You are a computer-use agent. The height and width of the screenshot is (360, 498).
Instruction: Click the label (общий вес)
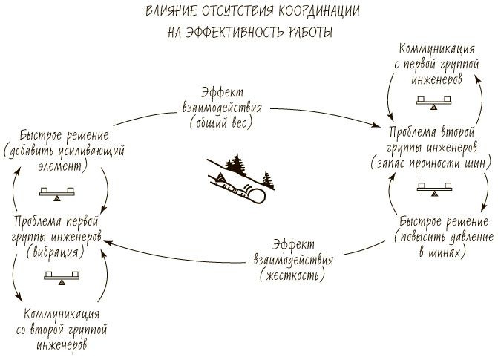[x=219, y=121]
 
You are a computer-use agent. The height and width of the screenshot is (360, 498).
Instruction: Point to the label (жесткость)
[x=292, y=274]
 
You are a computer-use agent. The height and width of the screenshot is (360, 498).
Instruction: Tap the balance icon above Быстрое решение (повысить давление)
[x=433, y=189]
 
